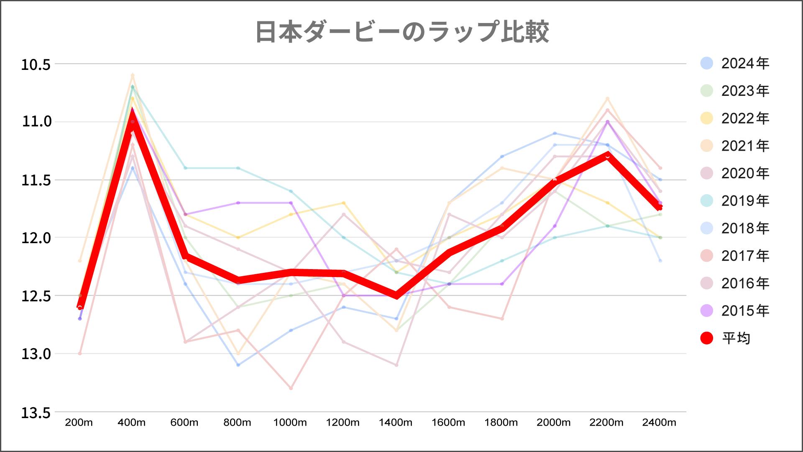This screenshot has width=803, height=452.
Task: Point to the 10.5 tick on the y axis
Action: coord(36,65)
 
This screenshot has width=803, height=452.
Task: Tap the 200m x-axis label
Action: coord(79,423)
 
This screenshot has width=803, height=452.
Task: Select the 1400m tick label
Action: coord(396,423)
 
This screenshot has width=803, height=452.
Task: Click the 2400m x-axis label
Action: coord(659,423)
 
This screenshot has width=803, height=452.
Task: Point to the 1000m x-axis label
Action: coord(290,423)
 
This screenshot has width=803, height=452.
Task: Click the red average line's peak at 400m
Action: coord(133,112)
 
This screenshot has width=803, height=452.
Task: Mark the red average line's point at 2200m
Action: coord(607,155)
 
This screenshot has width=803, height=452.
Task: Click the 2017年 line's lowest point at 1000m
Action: coord(291,388)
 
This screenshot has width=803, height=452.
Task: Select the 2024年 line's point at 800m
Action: coord(238,365)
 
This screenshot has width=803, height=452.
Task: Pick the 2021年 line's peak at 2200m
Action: coord(607,98)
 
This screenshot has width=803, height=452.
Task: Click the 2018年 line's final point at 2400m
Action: coord(660,261)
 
